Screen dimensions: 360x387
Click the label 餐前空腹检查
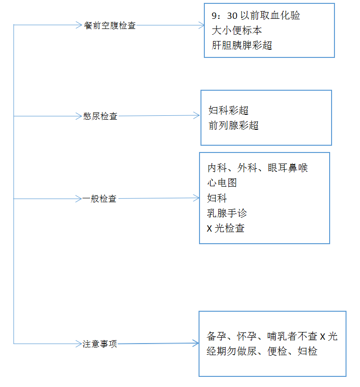coord(110,26)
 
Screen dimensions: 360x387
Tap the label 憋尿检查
coord(100,116)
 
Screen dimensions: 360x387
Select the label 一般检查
coord(99,199)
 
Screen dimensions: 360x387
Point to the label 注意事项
coord(100,344)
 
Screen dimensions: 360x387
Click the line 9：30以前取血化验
coord(256,15)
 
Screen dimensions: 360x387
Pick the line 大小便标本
coord(237,30)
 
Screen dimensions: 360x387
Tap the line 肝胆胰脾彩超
coord(242,45)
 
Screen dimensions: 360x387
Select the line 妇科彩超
coord(228,111)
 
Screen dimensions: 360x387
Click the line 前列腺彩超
coord(234,125)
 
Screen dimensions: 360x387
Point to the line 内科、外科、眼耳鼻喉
coord(257,168)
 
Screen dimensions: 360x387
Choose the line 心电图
coord(222,183)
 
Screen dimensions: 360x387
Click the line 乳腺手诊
coord(227,213)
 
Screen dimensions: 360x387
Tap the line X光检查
coord(226,228)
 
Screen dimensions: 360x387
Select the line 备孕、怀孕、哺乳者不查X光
coord(272,336)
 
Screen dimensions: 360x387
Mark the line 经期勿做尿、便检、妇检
coord(262,351)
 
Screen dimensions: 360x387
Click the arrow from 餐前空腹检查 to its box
coord(171,25)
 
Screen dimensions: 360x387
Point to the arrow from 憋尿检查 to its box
coord(159,115)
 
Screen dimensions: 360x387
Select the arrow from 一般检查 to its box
coord(159,198)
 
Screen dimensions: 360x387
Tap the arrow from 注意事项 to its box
coord(158,343)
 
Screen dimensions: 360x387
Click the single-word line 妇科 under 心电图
coord(217,198)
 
